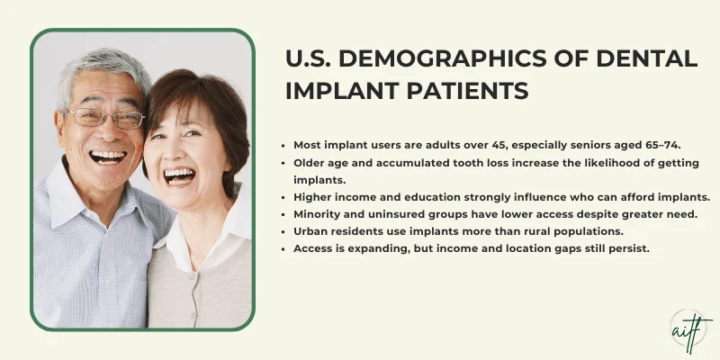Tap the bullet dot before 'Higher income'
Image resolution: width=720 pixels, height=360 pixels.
coord(284,196)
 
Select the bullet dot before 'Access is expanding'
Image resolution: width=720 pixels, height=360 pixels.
coord(284,247)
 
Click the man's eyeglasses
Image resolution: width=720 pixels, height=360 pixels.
coord(104,118)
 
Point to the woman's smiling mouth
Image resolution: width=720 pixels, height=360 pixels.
coord(180,175)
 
